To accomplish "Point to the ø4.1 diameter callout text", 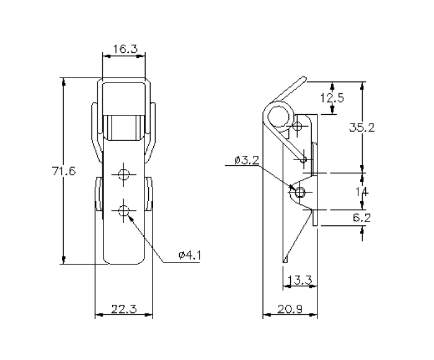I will coord(189,255).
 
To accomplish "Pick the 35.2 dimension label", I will coord(362,128).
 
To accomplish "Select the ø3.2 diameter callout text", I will coord(247,161).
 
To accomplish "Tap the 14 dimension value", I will coord(362,192).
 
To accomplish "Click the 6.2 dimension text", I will coord(362,218).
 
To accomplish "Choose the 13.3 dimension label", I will coord(300,281).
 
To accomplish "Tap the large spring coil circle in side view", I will coord(280,116).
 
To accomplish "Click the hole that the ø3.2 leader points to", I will coord(301,192).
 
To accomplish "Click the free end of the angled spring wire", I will coord(304,79).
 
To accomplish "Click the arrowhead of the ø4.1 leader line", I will coord(128,216).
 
